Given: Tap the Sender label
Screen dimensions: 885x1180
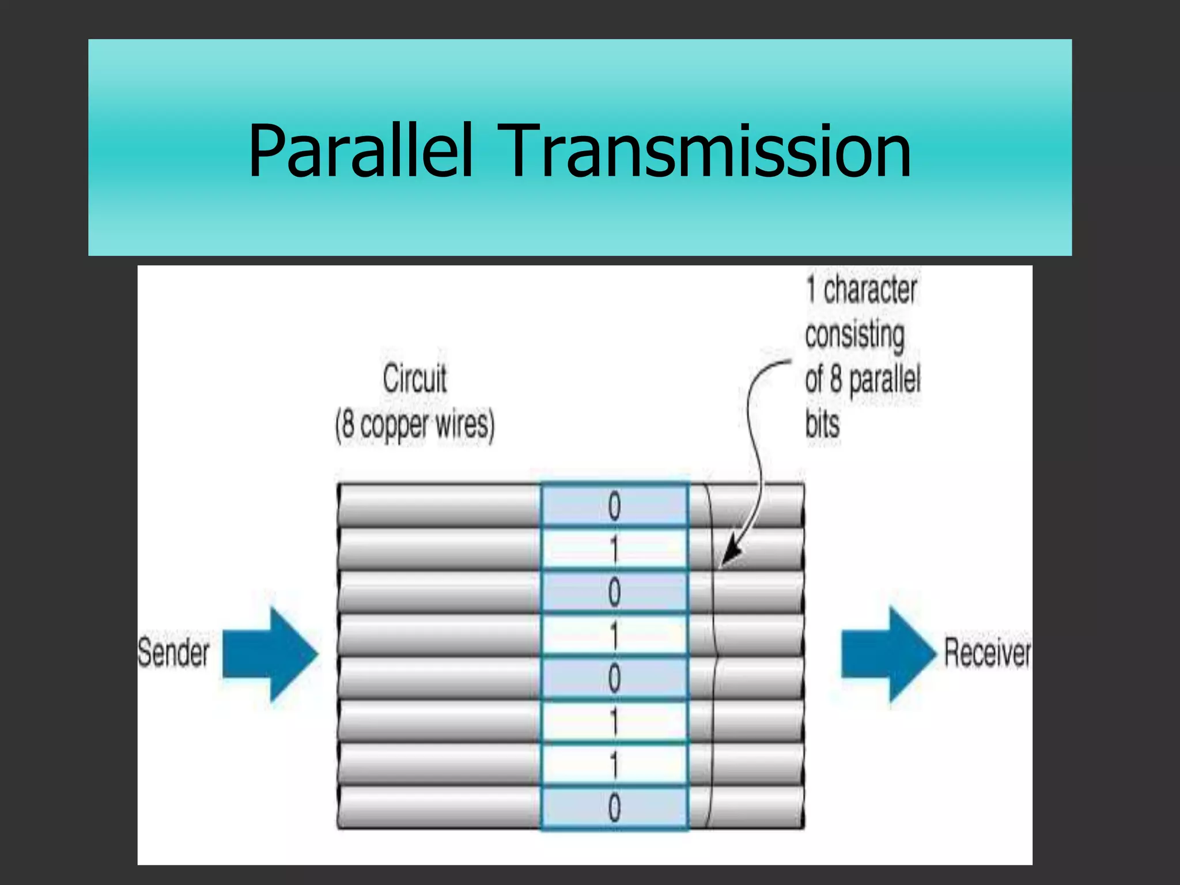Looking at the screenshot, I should point(173,653).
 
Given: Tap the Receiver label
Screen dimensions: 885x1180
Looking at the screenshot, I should point(987,653).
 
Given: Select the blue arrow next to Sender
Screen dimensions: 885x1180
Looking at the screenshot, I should point(270,654).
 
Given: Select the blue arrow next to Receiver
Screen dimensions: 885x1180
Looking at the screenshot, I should point(888,654).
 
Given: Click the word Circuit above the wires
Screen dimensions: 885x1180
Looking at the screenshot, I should point(414,379).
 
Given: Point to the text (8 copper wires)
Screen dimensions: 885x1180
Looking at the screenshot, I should point(415,425).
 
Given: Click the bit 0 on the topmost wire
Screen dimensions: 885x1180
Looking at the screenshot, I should point(614,506).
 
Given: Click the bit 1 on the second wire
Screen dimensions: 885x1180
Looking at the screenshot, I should point(614,549).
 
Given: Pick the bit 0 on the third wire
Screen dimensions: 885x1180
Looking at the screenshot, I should point(614,592).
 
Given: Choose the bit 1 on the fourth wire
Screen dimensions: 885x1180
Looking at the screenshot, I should point(614,636).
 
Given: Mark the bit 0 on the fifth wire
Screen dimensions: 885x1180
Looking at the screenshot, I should point(614,679).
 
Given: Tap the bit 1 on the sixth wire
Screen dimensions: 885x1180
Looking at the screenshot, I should point(614,722).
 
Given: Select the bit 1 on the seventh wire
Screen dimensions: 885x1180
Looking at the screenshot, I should point(614,765).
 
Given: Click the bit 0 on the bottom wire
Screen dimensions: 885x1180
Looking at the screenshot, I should point(614,808).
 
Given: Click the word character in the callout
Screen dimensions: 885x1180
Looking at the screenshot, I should point(869,290).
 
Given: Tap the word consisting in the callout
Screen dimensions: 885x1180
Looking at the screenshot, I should point(854,335).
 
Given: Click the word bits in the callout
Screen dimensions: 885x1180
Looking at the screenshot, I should point(822,425).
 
